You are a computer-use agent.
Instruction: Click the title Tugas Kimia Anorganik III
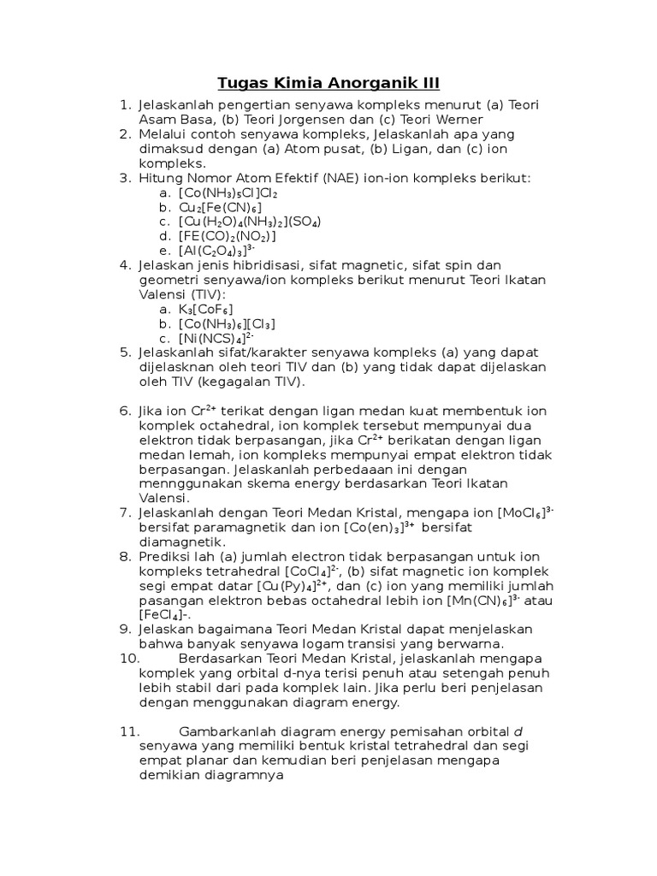click(328, 83)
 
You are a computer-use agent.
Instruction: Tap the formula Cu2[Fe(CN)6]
click(220, 207)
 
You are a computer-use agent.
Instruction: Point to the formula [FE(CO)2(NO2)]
click(227, 236)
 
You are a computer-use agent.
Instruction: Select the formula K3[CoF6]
click(205, 309)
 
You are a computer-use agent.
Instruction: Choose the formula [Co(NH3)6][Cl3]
click(227, 323)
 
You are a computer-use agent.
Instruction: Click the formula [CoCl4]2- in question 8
click(311, 571)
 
